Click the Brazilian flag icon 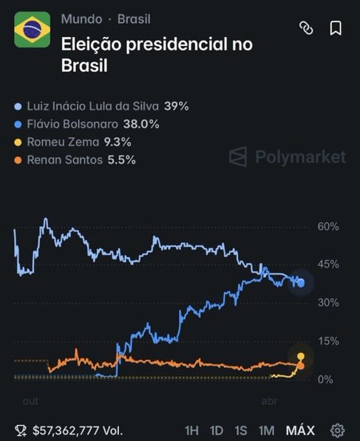tap(33, 30)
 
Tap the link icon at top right tap(306, 28)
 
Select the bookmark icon tap(335, 28)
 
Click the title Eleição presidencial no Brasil tap(156, 54)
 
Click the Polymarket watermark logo tap(287, 157)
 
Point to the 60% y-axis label tap(328, 226)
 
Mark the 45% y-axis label tap(328, 264)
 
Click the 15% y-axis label tap(328, 341)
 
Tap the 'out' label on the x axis tap(30, 401)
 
